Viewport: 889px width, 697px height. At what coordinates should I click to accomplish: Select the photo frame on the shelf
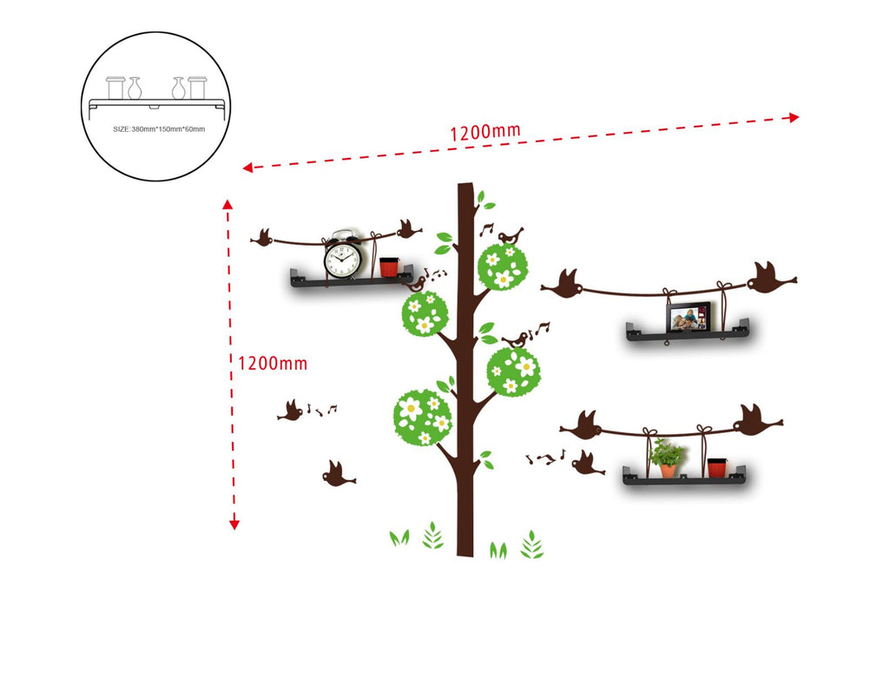pyautogui.click(x=688, y=319)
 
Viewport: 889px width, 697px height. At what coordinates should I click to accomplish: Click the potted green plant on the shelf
pyautogui.click(x=667, y=458)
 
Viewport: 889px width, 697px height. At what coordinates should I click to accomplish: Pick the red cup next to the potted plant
pyautogui.click(x=716, y=467)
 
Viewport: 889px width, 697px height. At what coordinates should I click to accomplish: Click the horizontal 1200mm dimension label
pyautogui.click(x=484, y=132)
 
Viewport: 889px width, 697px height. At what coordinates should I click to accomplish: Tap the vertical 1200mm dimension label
pyautogui.click(x=273, y=363)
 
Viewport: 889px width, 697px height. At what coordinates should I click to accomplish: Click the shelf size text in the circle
pyautogui.click(x=159, y=129)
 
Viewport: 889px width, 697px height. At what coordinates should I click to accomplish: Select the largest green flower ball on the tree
pyautogui.click(x=423, y=418)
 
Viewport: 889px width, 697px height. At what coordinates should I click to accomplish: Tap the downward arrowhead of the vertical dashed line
pyautogui.click(x=234, y=523)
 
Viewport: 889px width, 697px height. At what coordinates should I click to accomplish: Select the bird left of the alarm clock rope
pyautogui.click(x=261, y=236)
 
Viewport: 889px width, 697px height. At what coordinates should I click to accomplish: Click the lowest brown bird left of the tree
pyautogui.click(x=337, y=474)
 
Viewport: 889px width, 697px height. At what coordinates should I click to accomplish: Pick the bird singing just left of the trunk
pyautogui.click(x=415, y=283)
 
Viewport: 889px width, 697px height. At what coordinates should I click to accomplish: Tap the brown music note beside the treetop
pyautogui.click(x=486, y=229)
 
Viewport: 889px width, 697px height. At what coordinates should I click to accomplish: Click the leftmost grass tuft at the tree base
pyautogui.click(x=398, y=538)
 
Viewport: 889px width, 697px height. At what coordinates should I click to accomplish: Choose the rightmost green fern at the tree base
pyautogui.click(x=531, y=545)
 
